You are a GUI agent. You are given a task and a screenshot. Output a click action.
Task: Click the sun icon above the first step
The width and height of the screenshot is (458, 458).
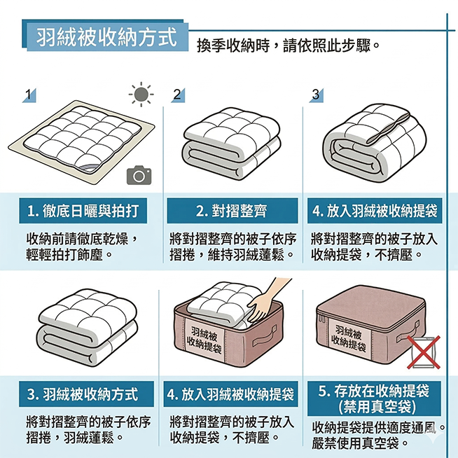pos(141,94)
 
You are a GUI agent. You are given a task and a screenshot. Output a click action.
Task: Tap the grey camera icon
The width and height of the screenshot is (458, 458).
pos(139,175)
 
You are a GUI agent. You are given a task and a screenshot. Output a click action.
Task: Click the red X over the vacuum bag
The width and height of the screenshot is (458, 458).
pos(424,352)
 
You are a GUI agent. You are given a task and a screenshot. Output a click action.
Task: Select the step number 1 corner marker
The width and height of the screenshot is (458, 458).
pos(29,95)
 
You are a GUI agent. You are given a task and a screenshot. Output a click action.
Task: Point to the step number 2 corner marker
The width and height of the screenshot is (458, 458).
pos(178,95)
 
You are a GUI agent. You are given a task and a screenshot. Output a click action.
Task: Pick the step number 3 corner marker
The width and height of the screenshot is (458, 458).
pos(317,95)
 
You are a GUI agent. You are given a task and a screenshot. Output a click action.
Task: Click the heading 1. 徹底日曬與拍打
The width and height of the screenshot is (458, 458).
pos(83,211)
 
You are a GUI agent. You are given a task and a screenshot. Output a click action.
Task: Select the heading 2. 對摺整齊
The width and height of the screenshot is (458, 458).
pos(233,211)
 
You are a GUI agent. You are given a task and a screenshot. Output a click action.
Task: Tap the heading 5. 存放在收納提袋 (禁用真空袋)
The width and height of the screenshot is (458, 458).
pos(374,398)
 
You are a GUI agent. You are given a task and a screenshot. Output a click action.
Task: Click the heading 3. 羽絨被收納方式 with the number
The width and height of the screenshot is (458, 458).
pos(86,394)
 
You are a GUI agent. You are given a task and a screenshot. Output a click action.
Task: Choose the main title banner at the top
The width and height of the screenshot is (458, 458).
pos(105,36)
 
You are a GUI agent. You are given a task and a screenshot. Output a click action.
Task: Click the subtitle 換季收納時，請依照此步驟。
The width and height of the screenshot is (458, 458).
pos(289,46)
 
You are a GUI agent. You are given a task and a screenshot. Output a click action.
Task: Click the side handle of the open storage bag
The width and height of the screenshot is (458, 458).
pos(264,336)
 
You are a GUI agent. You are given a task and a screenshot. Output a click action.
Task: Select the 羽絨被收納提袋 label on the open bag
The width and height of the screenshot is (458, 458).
pos(205,340)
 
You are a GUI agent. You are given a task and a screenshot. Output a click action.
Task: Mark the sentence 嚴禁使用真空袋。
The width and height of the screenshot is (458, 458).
pos(360,443)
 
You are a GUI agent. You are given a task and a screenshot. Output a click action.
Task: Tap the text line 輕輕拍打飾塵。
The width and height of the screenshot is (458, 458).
pos(69,255)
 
